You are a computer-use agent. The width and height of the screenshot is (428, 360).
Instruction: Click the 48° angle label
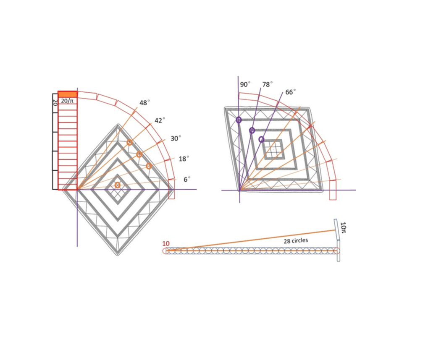coord(144,103)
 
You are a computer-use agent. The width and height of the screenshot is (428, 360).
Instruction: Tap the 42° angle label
coord(160,120)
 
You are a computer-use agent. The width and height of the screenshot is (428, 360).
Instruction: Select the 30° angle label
coord(176,138)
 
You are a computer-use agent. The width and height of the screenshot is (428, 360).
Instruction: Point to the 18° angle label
coord(184,159)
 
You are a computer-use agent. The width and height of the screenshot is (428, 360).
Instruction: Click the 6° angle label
coord(187,179)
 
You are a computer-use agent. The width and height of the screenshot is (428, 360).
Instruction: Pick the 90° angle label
coord(245,85)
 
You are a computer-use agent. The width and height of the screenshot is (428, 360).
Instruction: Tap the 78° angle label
coord(268,85)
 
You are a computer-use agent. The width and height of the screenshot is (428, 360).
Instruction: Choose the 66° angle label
coord(290,92)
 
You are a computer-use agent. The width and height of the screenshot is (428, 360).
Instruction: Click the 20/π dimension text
coord(67,101)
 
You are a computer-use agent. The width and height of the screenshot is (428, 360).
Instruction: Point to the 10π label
coord(343,228)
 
